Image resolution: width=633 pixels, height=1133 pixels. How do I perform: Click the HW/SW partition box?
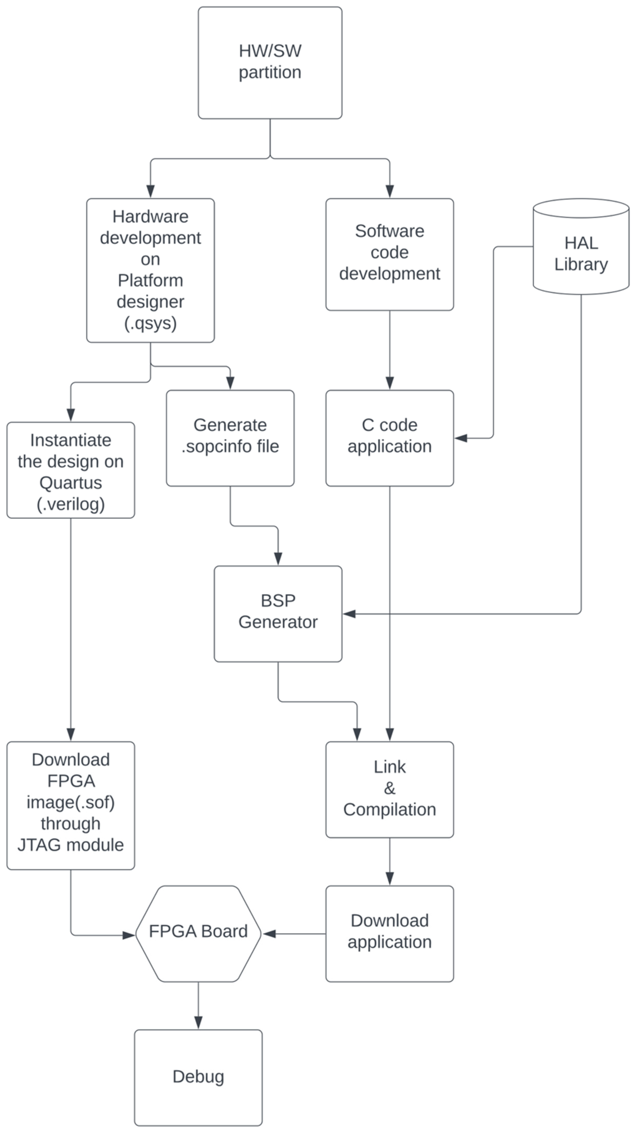coord(270,62)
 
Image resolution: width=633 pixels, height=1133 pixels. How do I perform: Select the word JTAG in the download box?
coord(37,845)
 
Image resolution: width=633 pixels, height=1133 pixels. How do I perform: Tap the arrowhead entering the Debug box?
coord(198,1023)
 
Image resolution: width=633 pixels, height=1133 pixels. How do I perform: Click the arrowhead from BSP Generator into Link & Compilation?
coord(357,734)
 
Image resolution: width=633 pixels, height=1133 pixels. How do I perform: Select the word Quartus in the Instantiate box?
coord(71,483)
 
